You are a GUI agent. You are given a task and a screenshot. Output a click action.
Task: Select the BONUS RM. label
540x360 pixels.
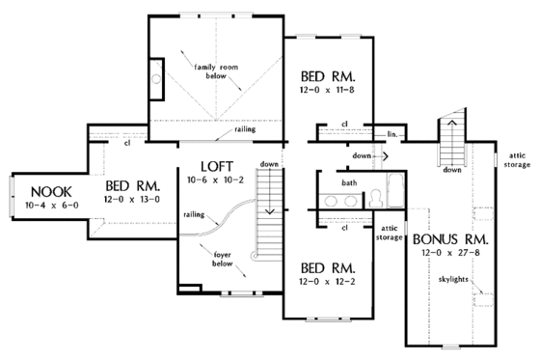[449, 238]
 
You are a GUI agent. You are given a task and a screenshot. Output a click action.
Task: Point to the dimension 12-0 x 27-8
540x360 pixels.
[449, 253]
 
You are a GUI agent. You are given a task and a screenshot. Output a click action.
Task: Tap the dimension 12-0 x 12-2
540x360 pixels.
[328, 281]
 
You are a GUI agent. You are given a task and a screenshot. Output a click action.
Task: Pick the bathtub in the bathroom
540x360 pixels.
[392, 188]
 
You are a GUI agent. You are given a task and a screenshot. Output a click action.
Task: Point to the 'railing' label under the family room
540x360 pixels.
[245, 128]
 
